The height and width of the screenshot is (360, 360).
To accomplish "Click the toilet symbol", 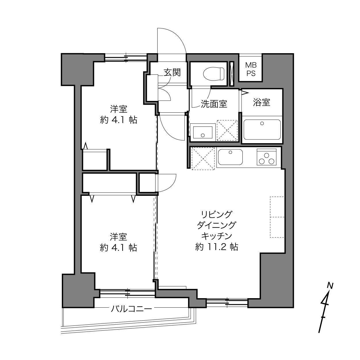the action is coord(214,74).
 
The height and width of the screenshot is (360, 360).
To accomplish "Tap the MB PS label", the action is coord(251,69).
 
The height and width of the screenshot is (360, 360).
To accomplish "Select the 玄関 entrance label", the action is coord(172,72).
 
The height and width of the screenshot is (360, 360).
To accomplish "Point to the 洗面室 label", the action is coord(214,104).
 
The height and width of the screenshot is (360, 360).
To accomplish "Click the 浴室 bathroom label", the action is coord(262,102).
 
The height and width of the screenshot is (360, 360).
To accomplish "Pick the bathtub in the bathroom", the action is coord(262,130).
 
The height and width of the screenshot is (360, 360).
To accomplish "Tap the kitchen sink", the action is coord(230,157).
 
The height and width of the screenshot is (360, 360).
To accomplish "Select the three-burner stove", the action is coord(267,157).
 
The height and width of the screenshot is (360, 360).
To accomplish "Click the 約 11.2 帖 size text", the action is coord(217,247).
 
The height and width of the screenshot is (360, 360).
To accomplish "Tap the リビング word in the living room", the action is coord(217,215).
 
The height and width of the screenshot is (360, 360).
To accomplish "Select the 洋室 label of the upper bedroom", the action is coord(119,109).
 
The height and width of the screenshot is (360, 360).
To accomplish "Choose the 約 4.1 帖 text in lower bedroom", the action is coord(118,248).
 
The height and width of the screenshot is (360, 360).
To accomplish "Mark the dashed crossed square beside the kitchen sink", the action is coord(203,159).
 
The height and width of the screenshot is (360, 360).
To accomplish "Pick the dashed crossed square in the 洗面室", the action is coord(227,130).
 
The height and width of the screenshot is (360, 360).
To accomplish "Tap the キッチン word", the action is coord(217,236).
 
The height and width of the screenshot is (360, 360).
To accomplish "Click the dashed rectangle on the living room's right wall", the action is coord(277,217).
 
